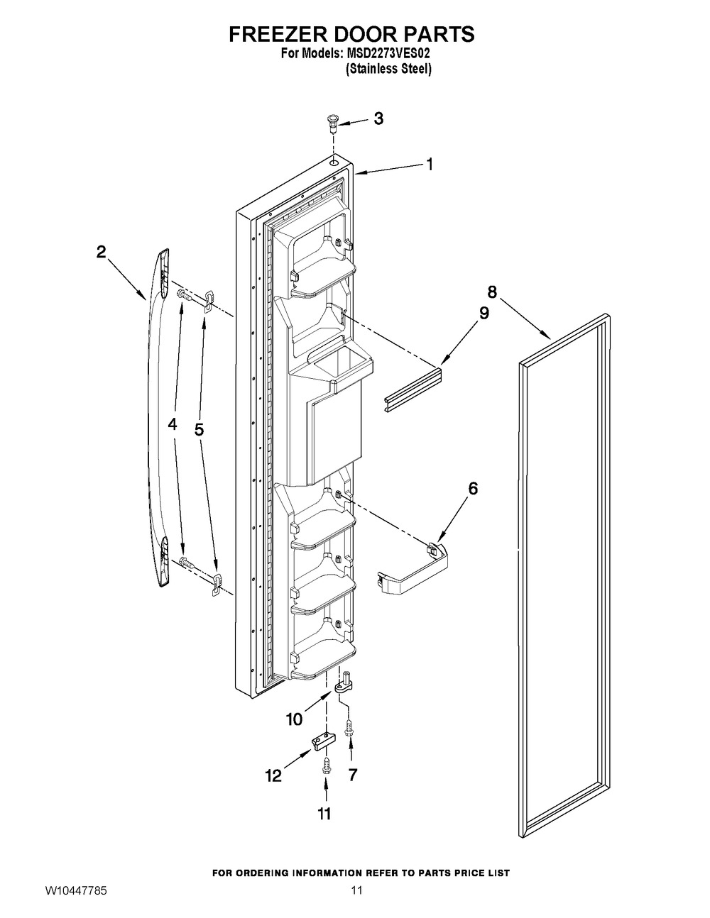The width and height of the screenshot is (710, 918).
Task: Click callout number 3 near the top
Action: click(x=378, y=118)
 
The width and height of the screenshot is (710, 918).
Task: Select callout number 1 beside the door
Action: click(x=429, y=164)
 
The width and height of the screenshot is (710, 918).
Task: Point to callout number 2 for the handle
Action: click(x=102, y=253)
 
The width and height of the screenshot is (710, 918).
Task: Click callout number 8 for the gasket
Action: click(x=492, y=292)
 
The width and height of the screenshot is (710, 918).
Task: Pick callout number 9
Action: click(x=484, y=313)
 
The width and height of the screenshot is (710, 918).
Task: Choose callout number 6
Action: click(x=473, y=489)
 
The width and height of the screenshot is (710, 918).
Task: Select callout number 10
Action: click(x=294, y=719)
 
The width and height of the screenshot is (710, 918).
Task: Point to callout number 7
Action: click(x=352, y=775)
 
